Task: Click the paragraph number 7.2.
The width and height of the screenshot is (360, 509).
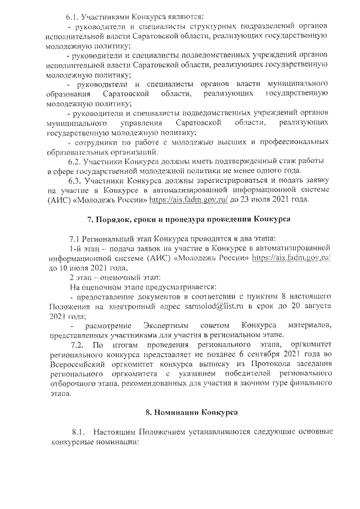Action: tap(77, 345)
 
